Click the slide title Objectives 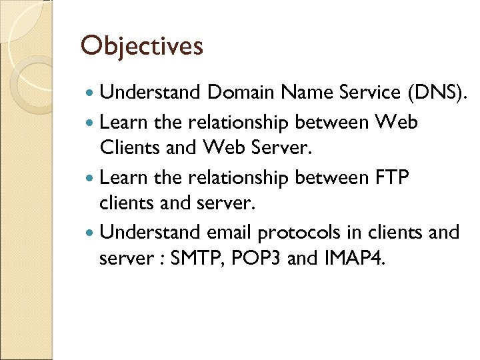[141, 46]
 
